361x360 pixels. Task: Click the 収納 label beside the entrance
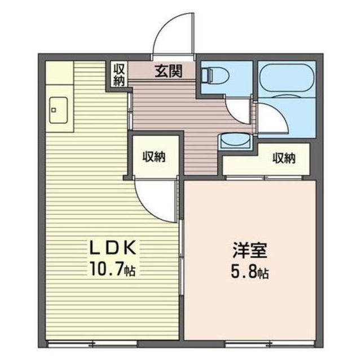click(120, 74)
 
